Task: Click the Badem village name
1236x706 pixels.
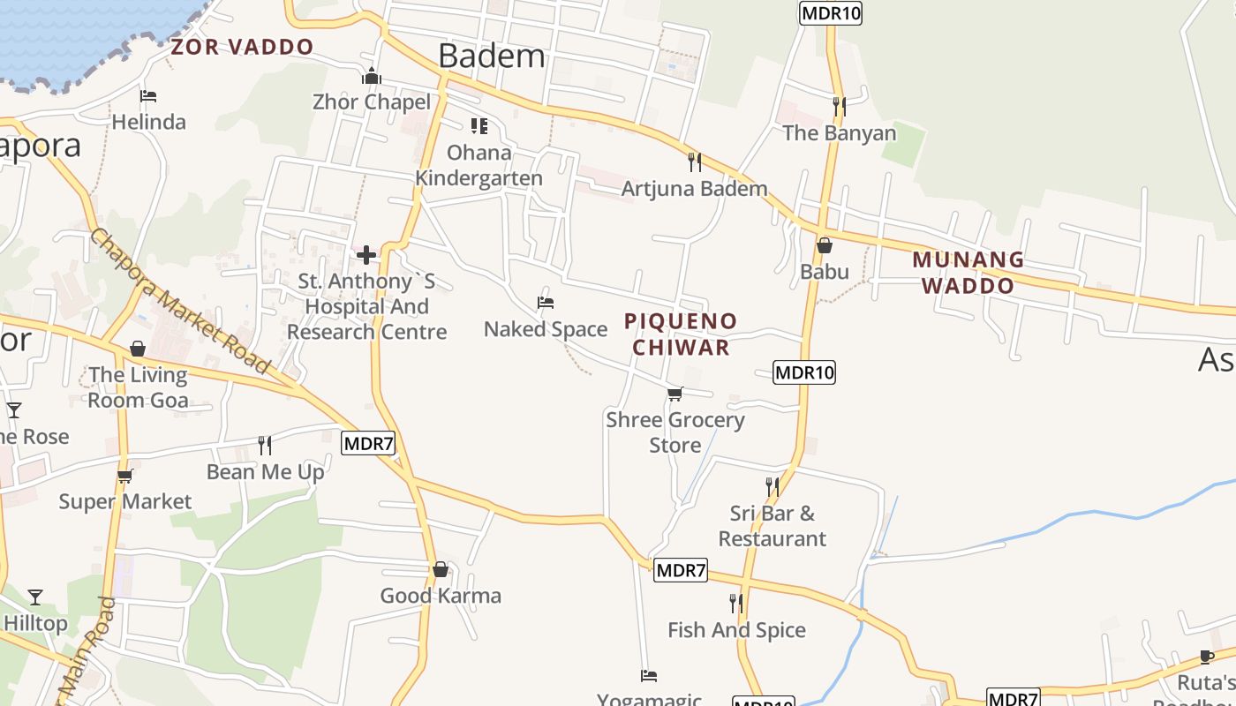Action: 492,56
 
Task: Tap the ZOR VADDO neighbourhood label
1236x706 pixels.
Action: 242,47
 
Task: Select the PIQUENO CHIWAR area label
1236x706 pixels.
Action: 681,334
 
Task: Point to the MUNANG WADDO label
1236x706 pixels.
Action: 968,273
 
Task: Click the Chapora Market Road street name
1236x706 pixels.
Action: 179,300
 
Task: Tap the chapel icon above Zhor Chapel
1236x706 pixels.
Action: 372,77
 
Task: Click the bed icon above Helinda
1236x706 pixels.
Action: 148,95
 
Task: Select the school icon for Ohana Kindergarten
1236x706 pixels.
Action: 479,126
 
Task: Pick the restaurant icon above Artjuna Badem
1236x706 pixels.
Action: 695,161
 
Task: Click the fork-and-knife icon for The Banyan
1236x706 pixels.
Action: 839,107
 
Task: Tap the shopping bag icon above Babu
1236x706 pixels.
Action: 825,245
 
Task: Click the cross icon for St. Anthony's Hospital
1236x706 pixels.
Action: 366,256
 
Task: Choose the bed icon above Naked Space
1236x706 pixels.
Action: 546,303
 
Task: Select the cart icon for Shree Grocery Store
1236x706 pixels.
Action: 675,394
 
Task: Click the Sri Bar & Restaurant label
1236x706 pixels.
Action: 772,526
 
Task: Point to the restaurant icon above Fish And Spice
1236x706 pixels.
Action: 736,604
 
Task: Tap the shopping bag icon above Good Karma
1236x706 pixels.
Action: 441,570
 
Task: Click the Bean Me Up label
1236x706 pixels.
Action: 266,472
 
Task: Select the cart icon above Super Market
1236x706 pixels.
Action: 124,477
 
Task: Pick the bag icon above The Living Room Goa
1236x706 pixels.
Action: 138,349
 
